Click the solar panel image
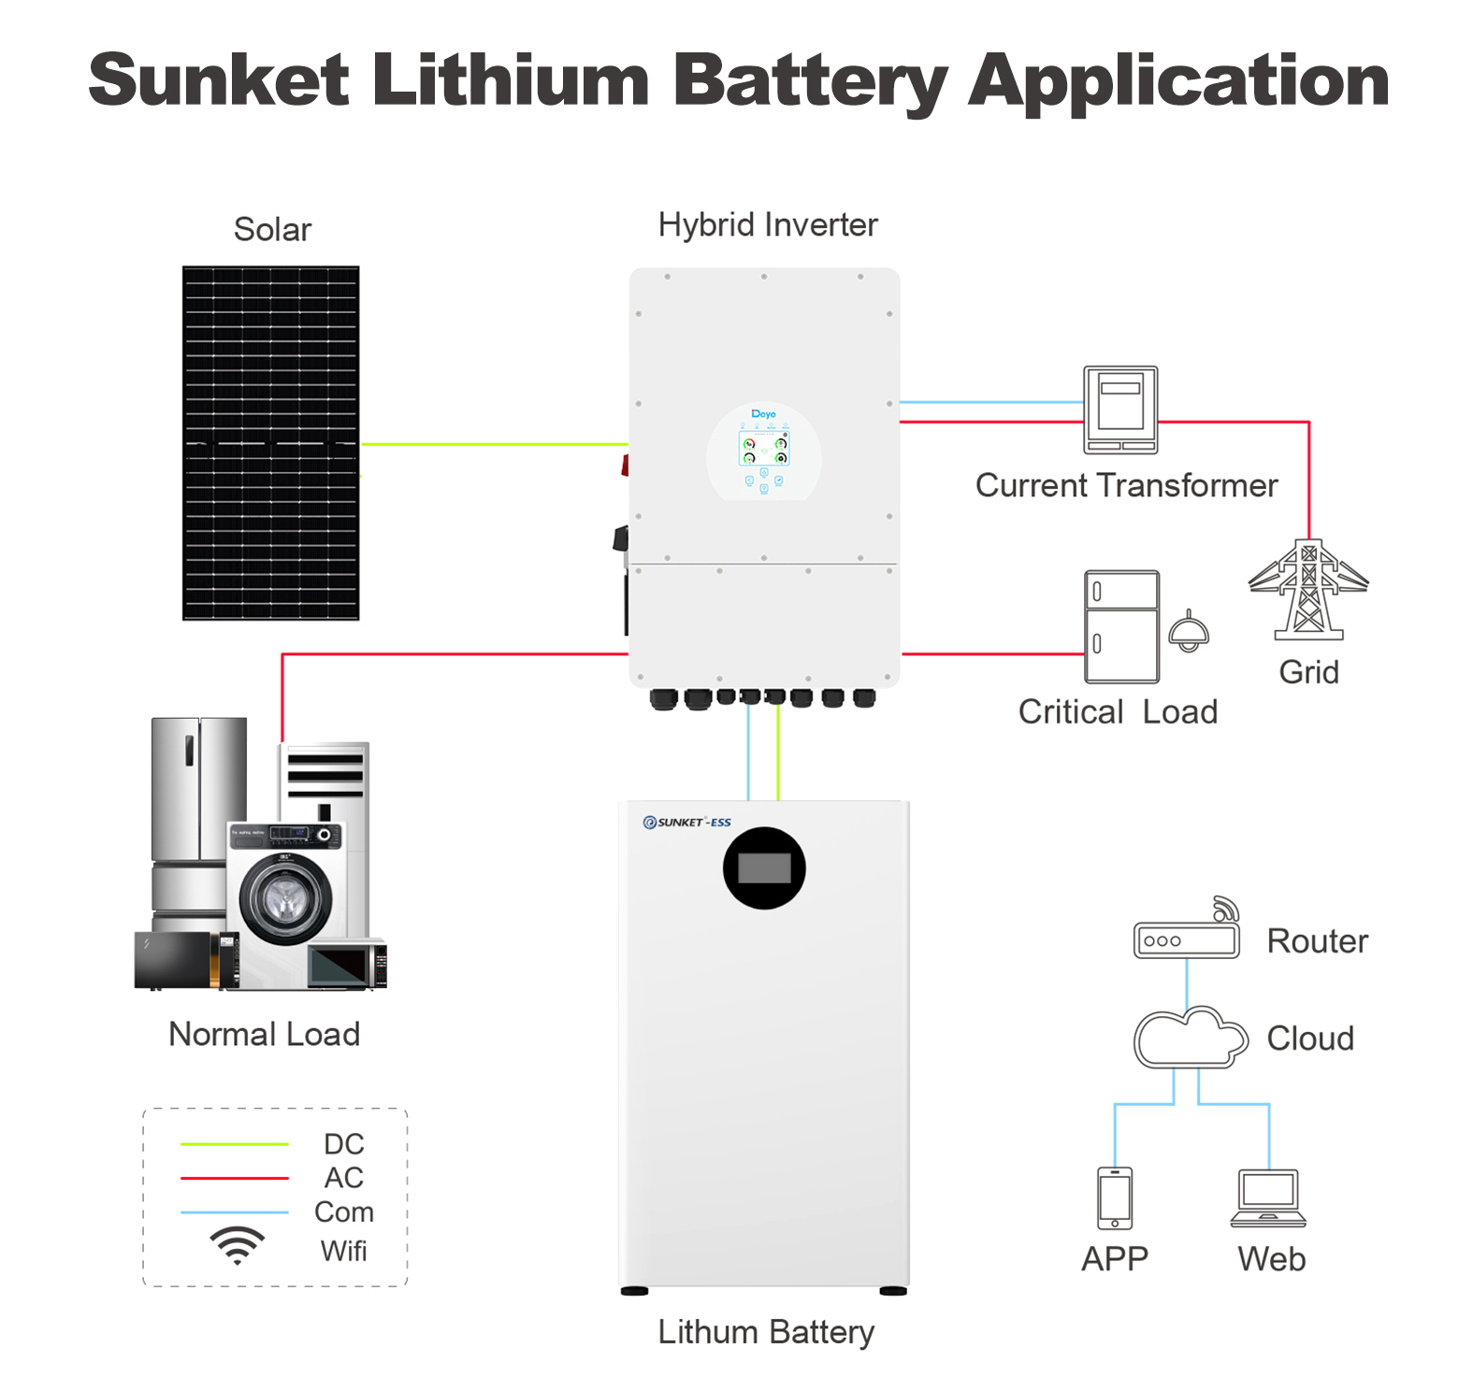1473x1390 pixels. (x=270, y=443)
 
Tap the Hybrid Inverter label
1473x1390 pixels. (x=768, y=225)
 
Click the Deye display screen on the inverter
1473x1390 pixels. (x=764, y=449)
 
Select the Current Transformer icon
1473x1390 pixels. (x=1120, y=410)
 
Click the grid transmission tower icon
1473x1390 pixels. (x=1308, y=590)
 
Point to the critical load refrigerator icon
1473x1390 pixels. (x=1121, y=627)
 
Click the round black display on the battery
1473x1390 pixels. (x=764, y=868)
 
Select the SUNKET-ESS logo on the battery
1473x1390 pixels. (x=687, y=823)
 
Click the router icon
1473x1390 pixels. (x=1187, y=929)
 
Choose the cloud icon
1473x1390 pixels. (x=1191, y=1038)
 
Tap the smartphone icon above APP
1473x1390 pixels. (x=1115, y=1198)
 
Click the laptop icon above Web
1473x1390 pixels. (x=1268, y=1197)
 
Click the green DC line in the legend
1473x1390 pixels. (x=235, y=1144)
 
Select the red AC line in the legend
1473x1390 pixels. (x=235, y=1178)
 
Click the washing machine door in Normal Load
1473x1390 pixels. (x=285, y=899)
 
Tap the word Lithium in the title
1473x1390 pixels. (x=511, y=80)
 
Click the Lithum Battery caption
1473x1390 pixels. (x=766, y=1332)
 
